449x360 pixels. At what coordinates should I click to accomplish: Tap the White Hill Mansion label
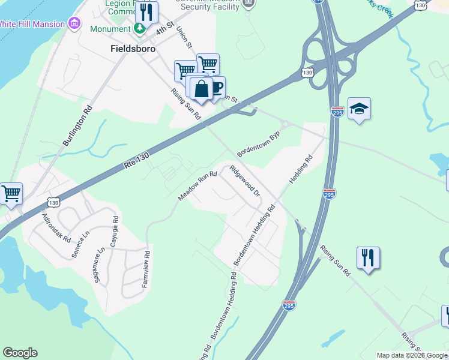(31, 24)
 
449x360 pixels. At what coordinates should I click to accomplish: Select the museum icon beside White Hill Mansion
(75, 23)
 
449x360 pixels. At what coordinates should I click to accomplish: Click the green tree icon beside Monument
(139, 28)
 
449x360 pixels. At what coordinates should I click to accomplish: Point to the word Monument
(110, 29)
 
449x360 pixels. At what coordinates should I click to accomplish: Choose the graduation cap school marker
(359, 109)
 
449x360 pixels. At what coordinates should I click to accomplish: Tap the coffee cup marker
(215, 88)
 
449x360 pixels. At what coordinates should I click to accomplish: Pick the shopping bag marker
(200, 89)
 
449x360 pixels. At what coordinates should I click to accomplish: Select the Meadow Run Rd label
(197, 186)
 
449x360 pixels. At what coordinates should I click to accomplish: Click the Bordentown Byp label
(259, 145)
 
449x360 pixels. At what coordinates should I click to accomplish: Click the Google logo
(20, 353)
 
